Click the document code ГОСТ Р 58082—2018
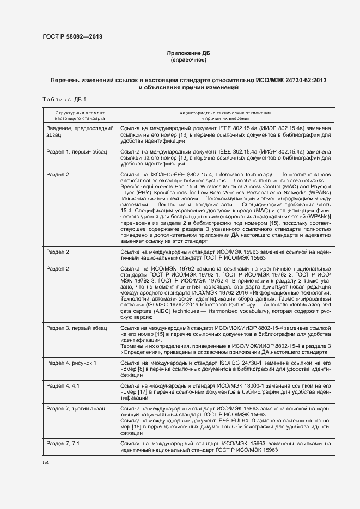point(72,37)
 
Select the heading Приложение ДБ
point(187,53)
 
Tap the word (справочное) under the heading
point(187,59)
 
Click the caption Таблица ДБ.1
point(61,99)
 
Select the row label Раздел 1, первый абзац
point(77,151)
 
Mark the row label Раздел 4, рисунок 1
point(71,363)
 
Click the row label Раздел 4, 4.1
point(63,385)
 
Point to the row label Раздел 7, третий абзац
point(76,408)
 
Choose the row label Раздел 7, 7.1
point(63,443)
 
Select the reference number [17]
point(141,391)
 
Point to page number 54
point(46,462)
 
